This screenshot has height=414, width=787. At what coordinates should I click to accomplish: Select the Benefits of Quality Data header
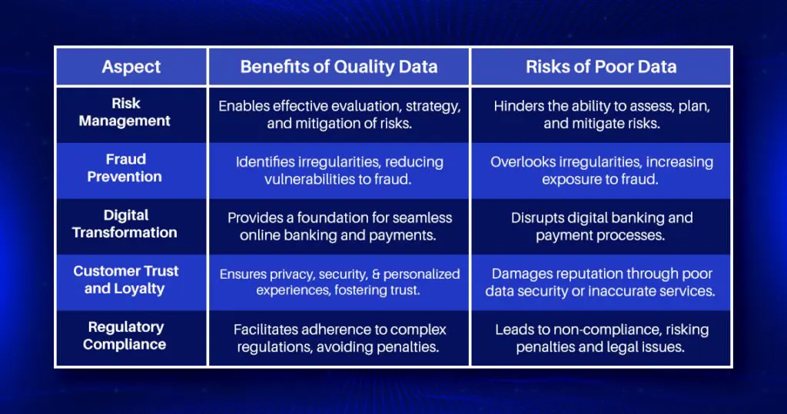tap(339, 66)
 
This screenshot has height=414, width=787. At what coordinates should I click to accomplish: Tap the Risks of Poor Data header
tap(601, 66)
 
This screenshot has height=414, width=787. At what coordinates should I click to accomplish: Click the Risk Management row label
tap(125, 112)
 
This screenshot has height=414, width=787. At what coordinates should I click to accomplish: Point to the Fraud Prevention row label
tap(125, 168)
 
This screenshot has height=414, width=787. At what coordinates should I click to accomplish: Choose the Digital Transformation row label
tap(125, 224)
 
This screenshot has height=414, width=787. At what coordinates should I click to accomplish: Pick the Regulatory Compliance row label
tap(125, 336)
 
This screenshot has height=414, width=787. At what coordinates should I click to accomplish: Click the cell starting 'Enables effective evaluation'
tap(339, 114)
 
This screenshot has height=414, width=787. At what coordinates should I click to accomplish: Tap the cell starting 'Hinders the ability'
tap(601, 114)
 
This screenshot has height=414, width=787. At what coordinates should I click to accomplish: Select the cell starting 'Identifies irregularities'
tap(339, 171)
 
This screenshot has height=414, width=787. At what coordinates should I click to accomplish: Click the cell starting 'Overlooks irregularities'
tap(601, 171)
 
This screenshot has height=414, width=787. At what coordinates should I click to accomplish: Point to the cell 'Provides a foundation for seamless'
tap(339, 227)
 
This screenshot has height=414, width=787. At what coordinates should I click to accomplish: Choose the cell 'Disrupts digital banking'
tap(601, 227)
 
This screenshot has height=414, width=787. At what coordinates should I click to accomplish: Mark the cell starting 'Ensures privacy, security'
tap(339, 283)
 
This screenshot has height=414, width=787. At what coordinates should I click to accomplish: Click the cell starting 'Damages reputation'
tap(601, 283)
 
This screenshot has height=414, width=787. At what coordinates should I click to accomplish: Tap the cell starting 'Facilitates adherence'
tap(339, 338)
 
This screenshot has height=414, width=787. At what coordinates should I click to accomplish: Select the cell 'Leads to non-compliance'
tap(601, 338)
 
